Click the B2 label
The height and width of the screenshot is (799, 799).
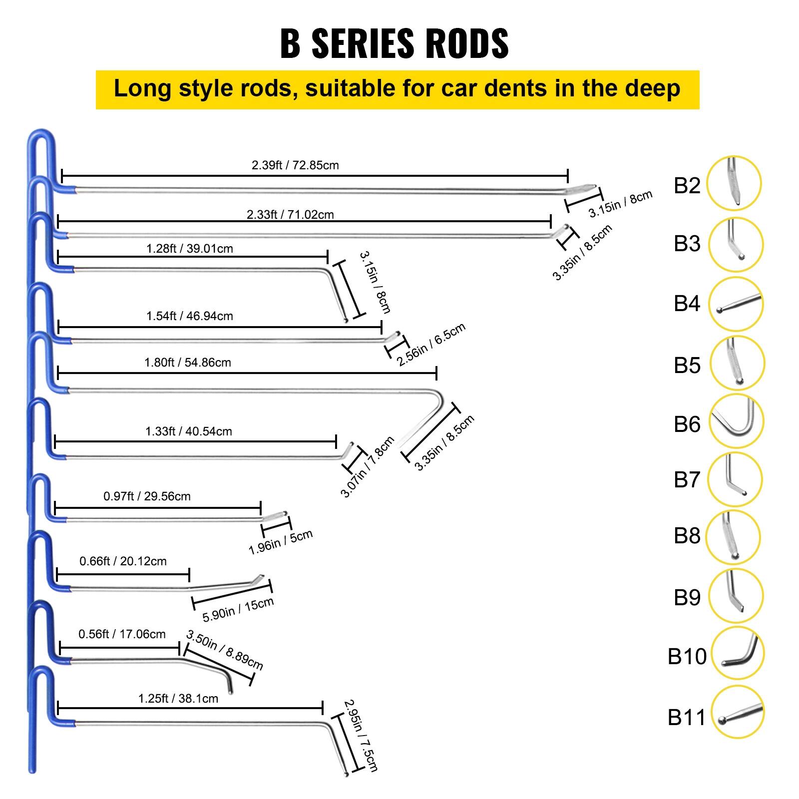[687, 185]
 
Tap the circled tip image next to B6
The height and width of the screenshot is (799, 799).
[736, 421]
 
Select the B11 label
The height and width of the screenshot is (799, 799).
[687, 717]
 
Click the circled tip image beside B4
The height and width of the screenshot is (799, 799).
[736, 304]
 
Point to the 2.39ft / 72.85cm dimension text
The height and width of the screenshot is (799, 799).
[295, 165]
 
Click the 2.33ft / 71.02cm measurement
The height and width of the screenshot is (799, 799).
[290, 215]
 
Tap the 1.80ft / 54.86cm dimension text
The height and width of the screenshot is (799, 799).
[188, 363]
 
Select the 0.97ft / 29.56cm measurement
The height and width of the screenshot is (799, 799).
[147, 496]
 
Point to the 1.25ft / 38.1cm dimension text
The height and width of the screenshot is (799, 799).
[178, 699]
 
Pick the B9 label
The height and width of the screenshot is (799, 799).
[687, 597]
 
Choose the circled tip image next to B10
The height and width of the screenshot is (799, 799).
[737, 653]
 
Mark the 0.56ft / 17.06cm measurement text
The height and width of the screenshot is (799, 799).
[122, 634]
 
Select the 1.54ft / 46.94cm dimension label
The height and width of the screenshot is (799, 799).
[190, 316]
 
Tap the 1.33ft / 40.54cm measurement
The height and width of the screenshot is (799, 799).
[189, 431]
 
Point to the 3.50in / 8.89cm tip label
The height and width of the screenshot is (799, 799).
[224, 650]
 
